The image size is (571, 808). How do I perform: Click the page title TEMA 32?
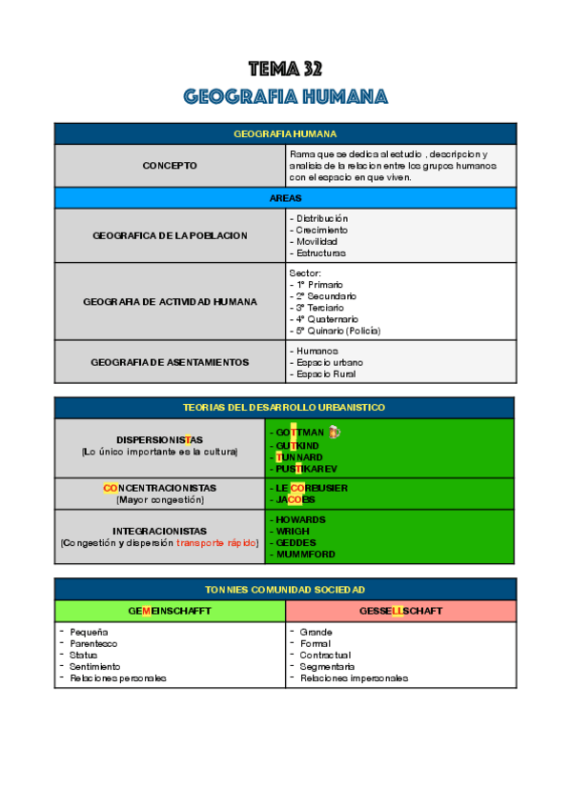[x=285, y=69]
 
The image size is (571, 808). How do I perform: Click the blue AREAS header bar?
[x=285, y=198]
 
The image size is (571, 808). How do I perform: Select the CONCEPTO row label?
[x=170, y=166]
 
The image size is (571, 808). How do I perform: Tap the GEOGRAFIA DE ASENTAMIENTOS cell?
[x=170, y=362]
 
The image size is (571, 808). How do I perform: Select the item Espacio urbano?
[x=329, y=362]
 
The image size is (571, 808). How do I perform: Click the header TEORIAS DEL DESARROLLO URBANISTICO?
[x=285, y=407]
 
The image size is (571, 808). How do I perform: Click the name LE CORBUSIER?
[x=312, y=487]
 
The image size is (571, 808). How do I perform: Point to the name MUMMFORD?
[x=306, y=554]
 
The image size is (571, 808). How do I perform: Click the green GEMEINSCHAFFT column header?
[x=170, y=611]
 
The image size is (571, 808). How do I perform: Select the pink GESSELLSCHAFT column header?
[x=400, y=611]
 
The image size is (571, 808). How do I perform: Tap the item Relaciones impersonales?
[x=354, y=678]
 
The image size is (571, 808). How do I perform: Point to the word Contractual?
[x=325, y=656]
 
